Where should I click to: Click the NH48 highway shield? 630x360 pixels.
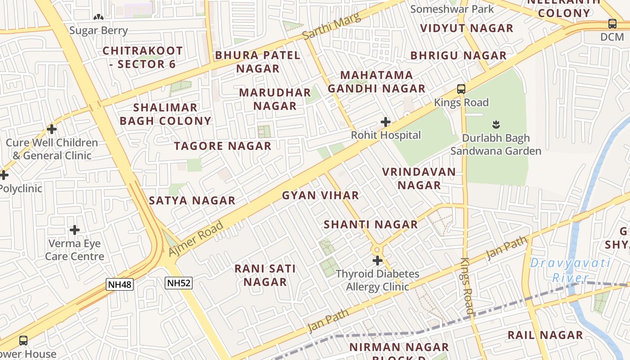coord(120,284)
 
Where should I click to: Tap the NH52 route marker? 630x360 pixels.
coord(179,283)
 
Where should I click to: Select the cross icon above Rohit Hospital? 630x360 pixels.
coord(386,122)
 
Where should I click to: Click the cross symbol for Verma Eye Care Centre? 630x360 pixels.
coord(75,230)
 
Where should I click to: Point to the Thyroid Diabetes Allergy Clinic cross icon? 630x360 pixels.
coord(378,261)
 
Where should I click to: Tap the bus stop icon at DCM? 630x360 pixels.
coord(612,24)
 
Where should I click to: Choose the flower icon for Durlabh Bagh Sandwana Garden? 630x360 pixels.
coord(496,124)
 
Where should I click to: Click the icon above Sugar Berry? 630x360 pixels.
coord(99,17)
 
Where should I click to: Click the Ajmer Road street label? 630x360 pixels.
coord(196,239)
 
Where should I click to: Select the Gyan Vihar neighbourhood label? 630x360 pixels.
coord(320,195)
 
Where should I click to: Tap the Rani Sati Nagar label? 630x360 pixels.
coord(265,275)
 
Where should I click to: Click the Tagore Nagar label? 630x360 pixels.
coord(223,146)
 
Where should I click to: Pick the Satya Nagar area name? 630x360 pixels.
coord(192,201)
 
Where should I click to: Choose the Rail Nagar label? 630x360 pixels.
coord(545,335)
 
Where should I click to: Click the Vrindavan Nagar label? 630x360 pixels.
coord(419,179)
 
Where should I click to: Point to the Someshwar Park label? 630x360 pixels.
coord(452,9)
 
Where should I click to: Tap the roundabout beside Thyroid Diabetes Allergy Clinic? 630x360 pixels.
coord(377,249)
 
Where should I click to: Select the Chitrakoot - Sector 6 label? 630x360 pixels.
coord(143,57)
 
